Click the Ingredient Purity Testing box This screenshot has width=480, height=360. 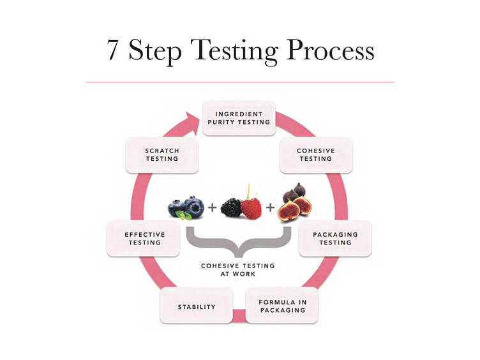(x=239, y=118)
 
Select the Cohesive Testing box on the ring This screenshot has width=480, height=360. (x=315, y=154)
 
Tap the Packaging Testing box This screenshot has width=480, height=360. (x=335, y=238)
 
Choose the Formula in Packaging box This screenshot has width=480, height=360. (x=281, y=306)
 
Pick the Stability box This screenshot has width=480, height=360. (x=197, y=306)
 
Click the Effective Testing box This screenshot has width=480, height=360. (x=144, y=238)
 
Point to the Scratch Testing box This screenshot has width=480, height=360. (x=162, y=154)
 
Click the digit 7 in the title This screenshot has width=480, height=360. (x=113, y=50)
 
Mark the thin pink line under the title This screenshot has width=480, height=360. (x=239, y=82)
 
